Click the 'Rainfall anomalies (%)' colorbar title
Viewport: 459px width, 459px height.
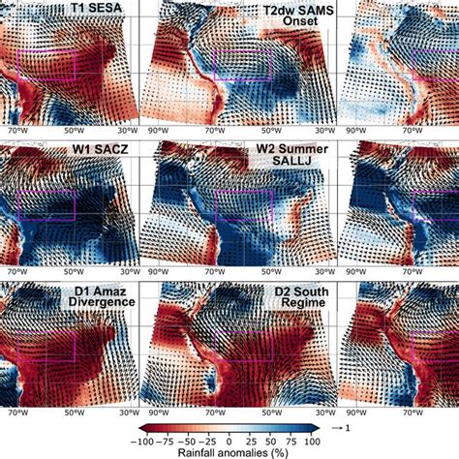(229, 451)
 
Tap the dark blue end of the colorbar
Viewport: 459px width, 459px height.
(312, 427)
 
